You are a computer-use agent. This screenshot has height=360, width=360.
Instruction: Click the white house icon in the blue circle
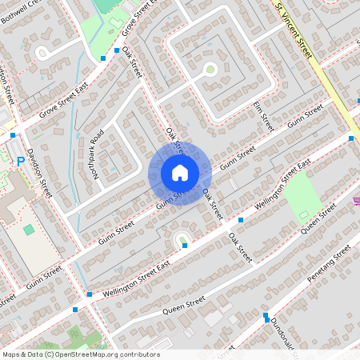[179, 173]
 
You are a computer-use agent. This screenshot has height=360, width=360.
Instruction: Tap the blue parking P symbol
[20, 161]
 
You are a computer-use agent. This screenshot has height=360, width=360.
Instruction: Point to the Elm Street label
[262, 117]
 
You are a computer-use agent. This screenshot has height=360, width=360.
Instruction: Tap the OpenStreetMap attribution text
[81, 354]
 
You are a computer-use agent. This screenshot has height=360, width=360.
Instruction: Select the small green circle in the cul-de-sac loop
[210, 70]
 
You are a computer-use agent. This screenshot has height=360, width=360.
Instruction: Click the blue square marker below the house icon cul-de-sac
[185, 246]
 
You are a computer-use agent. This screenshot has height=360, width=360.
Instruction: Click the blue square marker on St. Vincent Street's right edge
[351, 138]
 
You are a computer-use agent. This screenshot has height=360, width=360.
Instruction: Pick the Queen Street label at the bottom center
[183, 307]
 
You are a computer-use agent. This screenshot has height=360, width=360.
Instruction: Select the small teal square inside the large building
[29, 230]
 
